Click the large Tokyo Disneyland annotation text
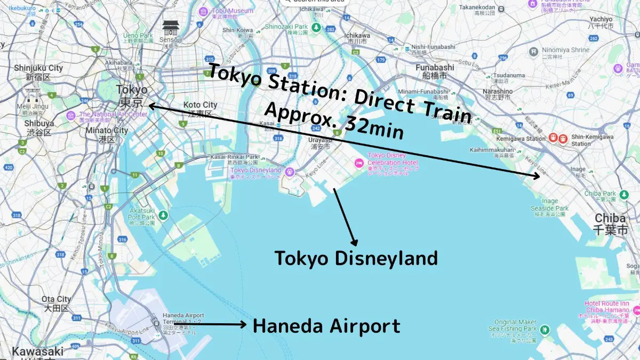[x=356, y=258]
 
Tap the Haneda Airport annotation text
[x=326, y=325]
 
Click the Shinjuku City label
[x=38, y=68]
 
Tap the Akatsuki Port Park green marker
[x=163, y=215]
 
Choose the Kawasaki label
[x=37, y=351]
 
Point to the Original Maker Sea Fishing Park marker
[x=544, y=330]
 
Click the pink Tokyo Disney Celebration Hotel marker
[x=358, y=162]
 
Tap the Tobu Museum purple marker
[x=203, y=12]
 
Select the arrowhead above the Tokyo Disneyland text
[x=353, y=241]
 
